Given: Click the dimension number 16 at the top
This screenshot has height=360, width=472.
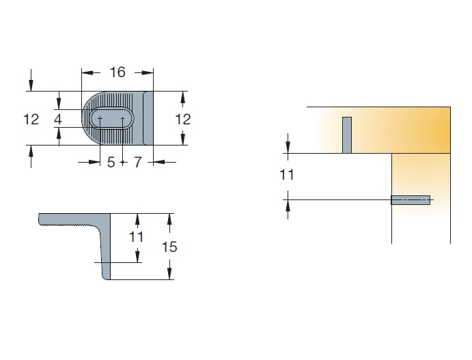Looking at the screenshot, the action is tap(117, 72).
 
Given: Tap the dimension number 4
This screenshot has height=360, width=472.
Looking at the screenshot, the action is tap(58, 120).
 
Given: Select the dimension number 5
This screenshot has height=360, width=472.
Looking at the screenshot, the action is tap(111, 163).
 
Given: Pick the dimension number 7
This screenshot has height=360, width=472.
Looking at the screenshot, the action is tap(137, 163).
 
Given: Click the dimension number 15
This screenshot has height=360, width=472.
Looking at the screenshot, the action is tap(169, 247).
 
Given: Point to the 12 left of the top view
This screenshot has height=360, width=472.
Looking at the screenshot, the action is tap(31, 120).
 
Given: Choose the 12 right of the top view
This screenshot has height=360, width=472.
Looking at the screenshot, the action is tap(182, 120).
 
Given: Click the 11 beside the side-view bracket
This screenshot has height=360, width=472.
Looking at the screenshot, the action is tap(136, 237).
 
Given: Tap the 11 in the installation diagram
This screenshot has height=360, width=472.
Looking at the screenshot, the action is tap(287, 175).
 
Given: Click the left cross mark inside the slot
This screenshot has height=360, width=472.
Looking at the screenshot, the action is tap(100, 118).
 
